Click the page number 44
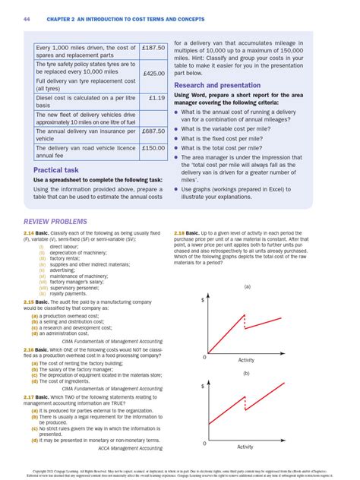pos(26,17)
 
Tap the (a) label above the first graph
pos(246,286)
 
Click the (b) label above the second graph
pos(246,373)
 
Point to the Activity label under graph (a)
pos(246,359)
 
